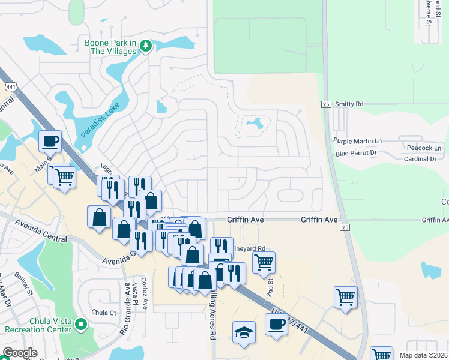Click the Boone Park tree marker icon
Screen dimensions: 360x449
[x=146, y=47]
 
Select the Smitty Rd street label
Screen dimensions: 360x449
[x=349, y=104]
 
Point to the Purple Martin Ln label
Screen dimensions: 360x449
[x=358, y=141]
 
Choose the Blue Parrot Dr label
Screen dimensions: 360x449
[x=356, y=153]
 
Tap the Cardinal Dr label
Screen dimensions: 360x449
[x=420, y=159]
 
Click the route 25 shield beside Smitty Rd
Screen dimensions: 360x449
[x=326, y=104]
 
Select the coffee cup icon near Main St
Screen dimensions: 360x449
[x=50, y=141]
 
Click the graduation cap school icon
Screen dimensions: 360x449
[x=244, y=332]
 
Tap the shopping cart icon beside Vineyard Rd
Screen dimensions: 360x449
[x=264, y=262]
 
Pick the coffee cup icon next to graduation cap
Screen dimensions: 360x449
[x=276, y=324]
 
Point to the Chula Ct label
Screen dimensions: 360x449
[x=104, y=313]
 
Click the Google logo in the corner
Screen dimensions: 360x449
[x=20, y=353]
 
